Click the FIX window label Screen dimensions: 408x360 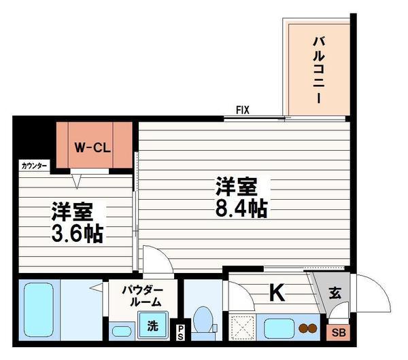tap(243, 110)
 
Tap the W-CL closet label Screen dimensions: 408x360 tap(92, 148)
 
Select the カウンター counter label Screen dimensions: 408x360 tap(34, 166)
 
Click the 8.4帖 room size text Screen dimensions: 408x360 tap(241, 209)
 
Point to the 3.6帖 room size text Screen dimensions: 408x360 tap(78, 233)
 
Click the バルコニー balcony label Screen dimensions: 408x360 tap(319, 70)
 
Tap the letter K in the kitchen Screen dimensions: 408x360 tap(277, 292)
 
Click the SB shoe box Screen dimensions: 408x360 tap(338, 332)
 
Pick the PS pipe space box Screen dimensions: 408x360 tap(180, 332)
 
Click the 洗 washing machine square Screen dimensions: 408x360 tap(152, 325)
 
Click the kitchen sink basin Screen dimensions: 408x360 tap(279, 329)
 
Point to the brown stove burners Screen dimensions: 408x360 tap(308, 328)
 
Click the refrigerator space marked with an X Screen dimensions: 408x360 tap(242, 327)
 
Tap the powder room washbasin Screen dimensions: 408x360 tap(122, 331)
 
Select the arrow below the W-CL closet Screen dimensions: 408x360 tap(76, 181)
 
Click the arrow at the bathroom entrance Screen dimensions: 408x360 tap(97, 288)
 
